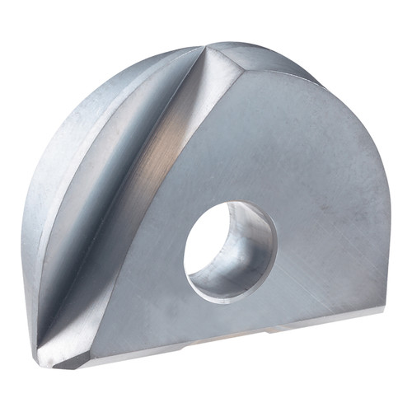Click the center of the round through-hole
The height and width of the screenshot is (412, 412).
[x=230, y=250]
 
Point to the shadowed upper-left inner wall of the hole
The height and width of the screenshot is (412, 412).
[x=202, y=235]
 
